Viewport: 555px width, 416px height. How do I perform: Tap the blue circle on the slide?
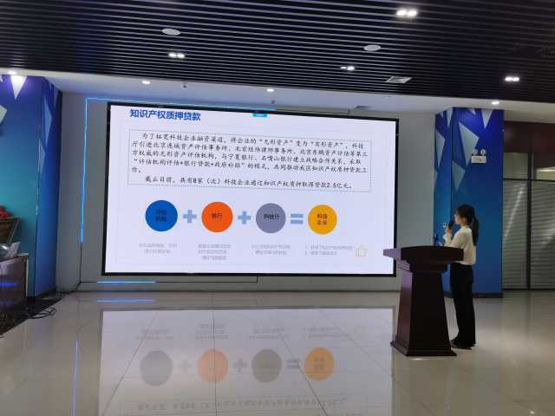[x=160, y=216]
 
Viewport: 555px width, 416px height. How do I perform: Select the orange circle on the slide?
[x=216, y=216]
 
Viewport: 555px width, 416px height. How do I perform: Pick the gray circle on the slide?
[x=271, y=218]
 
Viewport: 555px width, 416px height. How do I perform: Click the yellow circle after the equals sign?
[x=323, y=218]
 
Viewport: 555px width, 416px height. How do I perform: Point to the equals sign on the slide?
[x=297, y=218]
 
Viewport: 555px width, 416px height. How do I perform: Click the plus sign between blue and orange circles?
[x=189, y=216]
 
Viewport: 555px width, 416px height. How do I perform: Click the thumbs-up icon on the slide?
[x=361, y=250]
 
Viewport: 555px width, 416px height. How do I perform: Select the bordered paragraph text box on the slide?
[x=251, y=156]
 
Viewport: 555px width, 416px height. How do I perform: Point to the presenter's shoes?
[x=462, y=344]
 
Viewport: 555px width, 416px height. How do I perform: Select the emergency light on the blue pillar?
[x=478, y=157]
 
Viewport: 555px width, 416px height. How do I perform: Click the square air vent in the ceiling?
[x=398, y=80]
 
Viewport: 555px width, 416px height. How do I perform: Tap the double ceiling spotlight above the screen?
[x=406, y=13]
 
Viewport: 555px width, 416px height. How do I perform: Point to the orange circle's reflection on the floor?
[x=212, y=365]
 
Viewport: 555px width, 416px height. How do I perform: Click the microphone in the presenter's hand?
[x=450, y=224]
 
